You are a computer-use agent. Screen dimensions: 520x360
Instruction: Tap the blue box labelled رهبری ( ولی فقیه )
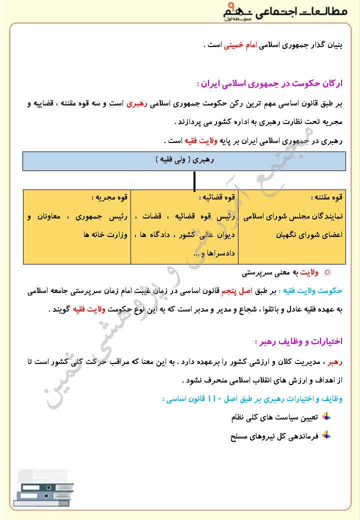coord(183,160)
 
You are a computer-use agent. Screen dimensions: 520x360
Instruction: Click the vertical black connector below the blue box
coord(194,179)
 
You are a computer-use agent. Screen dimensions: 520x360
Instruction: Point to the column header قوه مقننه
coord(326,197)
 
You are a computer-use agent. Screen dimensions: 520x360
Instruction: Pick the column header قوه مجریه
coord(109,197)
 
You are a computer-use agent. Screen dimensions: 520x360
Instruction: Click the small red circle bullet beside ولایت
coord(327,272)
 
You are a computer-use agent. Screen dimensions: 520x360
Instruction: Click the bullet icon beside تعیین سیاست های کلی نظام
coord(325,416)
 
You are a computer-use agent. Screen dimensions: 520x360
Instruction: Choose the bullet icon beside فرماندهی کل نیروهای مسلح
coord(325,435)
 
